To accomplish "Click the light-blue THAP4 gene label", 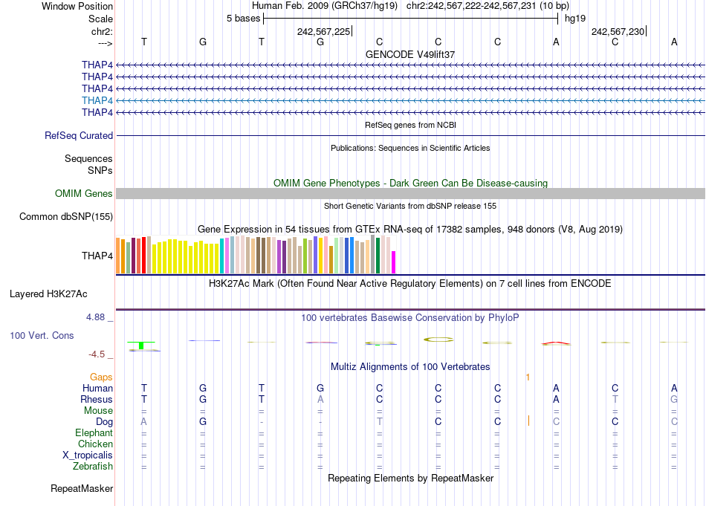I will click(x=97, y=100).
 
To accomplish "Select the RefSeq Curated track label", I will click(x=79, y=136).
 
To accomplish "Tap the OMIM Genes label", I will click(x=84, y=194).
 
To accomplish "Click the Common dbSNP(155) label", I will click(x=66, y=217).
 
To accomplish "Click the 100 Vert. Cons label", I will click(x=42, y=336).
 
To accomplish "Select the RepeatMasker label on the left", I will click(x=82, y=489).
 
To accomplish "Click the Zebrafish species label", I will click(x=94, y=467).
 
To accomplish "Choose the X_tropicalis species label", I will click(x=88, y=455).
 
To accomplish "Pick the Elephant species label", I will click(x=94, y=433).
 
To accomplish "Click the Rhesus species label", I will click(x=97, y=400).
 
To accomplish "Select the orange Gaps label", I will click(x=101, y=377).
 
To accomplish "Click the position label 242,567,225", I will click(x=323, y=31).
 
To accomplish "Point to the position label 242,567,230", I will click(x=618, y=31).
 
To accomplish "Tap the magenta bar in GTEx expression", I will click(x=394, y=262).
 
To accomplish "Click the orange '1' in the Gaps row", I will click(x=528, y=377).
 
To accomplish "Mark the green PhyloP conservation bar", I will click(x=140, y=344).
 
